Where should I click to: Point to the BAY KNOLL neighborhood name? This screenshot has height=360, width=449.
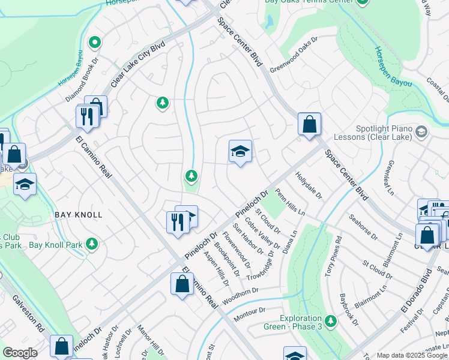click(x=79, y=214)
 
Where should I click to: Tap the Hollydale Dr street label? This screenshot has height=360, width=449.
click(x=309, y=187)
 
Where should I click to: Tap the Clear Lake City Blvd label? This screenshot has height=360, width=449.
click(x=137, y=62)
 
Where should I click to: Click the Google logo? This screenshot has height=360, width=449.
click(x=20, y=352)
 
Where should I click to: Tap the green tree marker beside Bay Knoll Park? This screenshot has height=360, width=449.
click(x=92, y=244)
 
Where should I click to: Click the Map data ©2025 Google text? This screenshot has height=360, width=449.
click(x=411, y=355)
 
